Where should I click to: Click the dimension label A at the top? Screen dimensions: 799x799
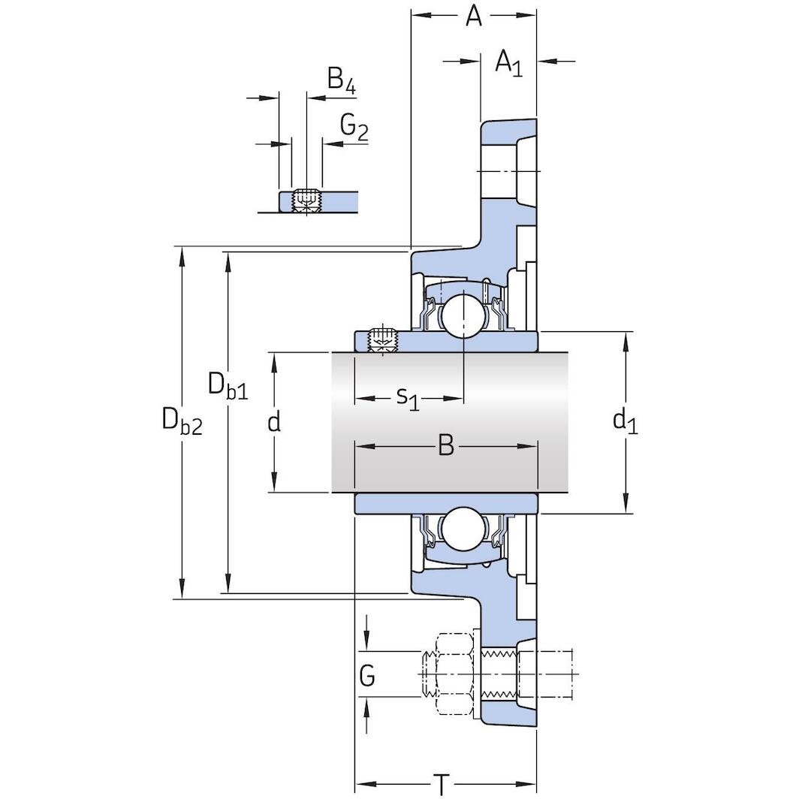(x=473, y=17)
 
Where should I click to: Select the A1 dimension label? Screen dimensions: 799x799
(x=508, y=63)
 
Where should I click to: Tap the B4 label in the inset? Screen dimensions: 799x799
(x=341, y=80)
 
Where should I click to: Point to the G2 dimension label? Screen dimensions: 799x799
(x=354, y=128)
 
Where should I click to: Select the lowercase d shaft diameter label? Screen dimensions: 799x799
(x=274, y=422)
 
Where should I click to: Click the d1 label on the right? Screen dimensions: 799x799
(x=625, y=422)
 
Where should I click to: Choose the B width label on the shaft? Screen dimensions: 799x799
(x=445, y=447)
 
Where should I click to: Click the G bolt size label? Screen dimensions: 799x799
(x=367, y=677)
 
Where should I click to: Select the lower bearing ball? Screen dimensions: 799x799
(x=461, y=527)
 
